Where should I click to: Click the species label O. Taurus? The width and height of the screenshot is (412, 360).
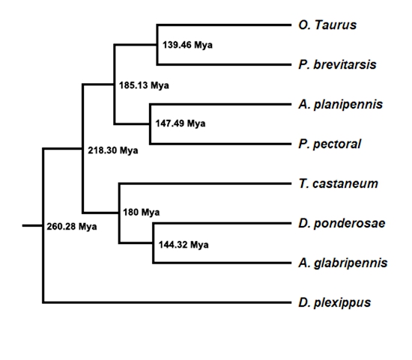coord(327,25)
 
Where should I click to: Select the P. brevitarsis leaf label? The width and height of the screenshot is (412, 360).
coord(337,65)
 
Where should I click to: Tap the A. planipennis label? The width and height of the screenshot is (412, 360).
coord(341,105)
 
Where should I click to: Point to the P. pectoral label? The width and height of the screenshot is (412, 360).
coord(330,144)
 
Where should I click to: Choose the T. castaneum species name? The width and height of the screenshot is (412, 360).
coord(338,184)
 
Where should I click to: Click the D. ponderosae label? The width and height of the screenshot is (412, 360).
coord(342,224)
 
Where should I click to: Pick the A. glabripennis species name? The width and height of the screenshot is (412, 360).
coord(343,263)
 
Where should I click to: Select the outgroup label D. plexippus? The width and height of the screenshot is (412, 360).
coord(335,303)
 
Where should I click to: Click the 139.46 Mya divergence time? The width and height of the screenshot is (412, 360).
coord(187,45)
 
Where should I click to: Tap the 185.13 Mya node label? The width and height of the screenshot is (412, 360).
coord(144,85)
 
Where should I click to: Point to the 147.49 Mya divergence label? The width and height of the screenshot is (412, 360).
coord(181,123)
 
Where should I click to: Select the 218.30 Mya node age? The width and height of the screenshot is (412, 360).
coord(112,150)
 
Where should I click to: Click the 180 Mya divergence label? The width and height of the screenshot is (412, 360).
coord(142,212)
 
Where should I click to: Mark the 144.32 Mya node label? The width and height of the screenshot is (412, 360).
coord(184,245)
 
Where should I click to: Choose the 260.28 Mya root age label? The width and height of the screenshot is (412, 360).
coord(72,226)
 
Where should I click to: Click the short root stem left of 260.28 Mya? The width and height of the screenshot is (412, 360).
coord(32,225)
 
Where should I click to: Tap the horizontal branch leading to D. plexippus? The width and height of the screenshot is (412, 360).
coord(167,303)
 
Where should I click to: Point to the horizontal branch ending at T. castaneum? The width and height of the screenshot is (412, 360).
coord(205,183)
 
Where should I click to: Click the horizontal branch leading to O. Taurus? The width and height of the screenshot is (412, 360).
coord(224,25)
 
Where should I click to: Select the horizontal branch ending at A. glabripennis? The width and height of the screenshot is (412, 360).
coord(222,263)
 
